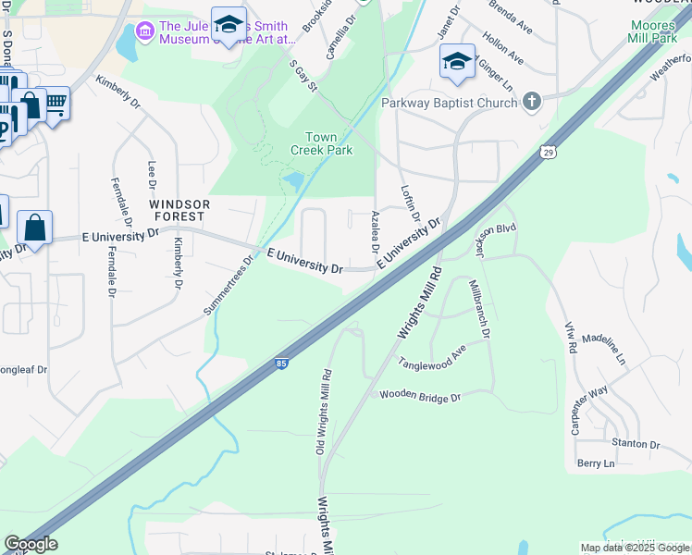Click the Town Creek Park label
(321, 143)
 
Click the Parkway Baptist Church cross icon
(532, 102)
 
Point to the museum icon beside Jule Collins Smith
(143, 32)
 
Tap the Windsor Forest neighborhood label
(179, 209)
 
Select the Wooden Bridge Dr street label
(420, 396)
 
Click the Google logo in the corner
(31, 544)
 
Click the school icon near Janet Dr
(457, 61)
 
